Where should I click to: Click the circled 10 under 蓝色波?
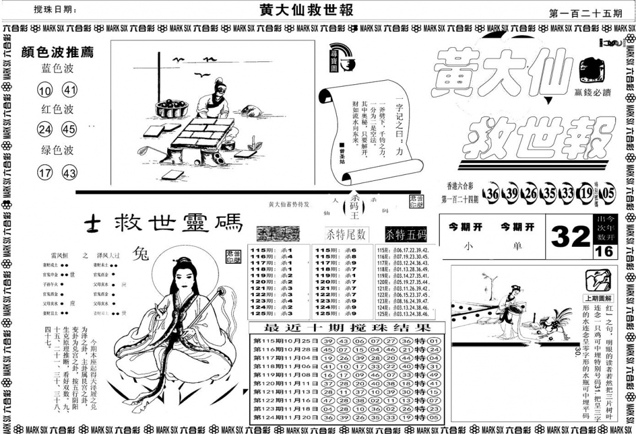(45, 90)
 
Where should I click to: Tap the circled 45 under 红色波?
(69, 129)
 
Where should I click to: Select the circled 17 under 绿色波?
(45, 173)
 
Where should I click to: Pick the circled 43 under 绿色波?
(69, 173)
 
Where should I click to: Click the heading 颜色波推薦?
(57, 52)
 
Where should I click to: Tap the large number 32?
(571, 237)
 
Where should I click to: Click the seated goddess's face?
(177, 276)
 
